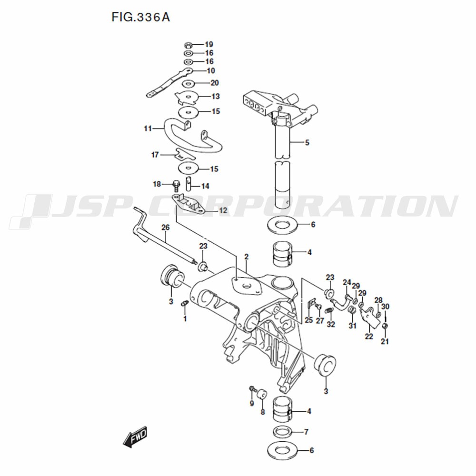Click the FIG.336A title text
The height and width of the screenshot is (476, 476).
[x=140, y=17]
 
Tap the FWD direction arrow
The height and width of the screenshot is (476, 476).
[x=135, y=437]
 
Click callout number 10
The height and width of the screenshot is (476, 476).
[x=211, y=71]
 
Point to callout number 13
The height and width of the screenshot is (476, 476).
[x=216, y=97]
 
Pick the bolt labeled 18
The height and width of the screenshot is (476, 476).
[x=176, y=184]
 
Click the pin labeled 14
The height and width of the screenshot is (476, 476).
[x=188, y=183]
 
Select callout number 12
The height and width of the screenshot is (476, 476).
[x=223, y=210]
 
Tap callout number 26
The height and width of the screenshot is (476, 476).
[x=166, y=228]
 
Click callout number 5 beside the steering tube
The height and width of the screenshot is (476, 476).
[x=307, y=142]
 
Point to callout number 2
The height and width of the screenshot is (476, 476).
[x=246, y=257]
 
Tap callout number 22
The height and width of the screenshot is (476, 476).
[x=369, y=337]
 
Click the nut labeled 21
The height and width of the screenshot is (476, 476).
[x=385, y=326]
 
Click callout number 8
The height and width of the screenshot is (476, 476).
[x=263, y=412]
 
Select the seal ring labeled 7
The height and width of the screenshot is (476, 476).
[x=283, y=431]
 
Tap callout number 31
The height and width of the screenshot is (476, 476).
[x=352, y=326]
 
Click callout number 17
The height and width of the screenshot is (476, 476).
[x=155, y=155]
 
